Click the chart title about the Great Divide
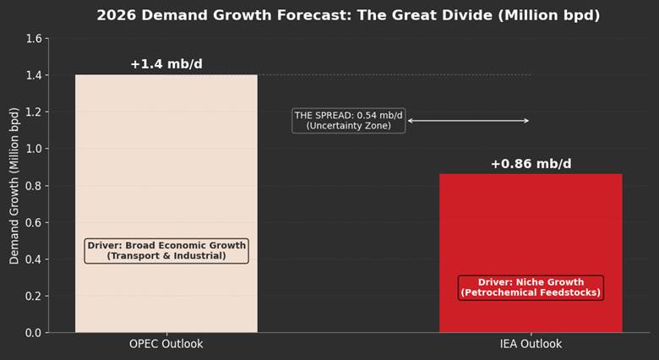pyautogui.click(x=348, y=15)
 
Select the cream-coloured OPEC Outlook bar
pyautogui.click(x=166, y=169)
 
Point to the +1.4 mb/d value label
pyautogui.click(x=166, y=64)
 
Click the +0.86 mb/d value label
pyautogui.click(x=531, y=164)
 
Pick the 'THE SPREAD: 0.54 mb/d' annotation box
pyautogui.click(x=349, y=120)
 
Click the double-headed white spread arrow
pyautogui.click(x=468, y=121)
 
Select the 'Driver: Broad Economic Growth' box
pyautogui.click(x=166, y=250)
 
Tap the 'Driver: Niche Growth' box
pyautogui.click(x=531, y=287)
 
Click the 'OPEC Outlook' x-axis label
pyautogui.click(x=166, y=345)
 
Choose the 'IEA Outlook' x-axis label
pyautogui.click(x=531, y=345)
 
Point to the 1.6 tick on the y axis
pyautogui.click(x=32, y=39)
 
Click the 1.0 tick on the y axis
pyautogui.click(x=32, y=149)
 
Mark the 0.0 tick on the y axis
pyautogui.click(x=32, y=333)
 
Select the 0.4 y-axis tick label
pyautogui.click(x=32, y=259)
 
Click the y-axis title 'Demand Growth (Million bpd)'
pyautogui.click(x=14, y=186)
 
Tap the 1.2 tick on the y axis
pyautogui.click(x=32, y=112)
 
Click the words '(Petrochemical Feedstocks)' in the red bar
pyautogui.click(x=531, y=293)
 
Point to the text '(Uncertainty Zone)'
pyautogui.click(x=349, y=126)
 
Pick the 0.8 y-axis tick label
pyautogui.click(x=32, y=186)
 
